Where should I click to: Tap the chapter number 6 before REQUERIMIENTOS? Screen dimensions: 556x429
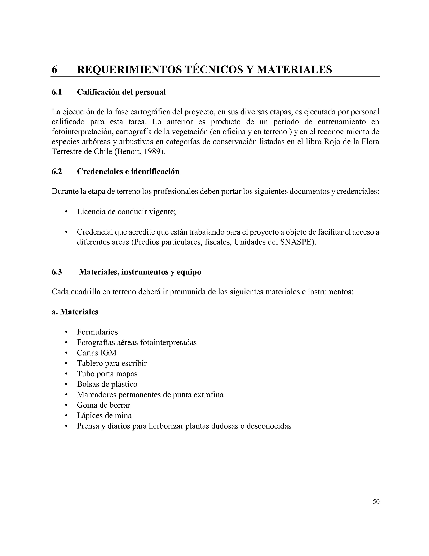pyautogui.click(x=54, y=69)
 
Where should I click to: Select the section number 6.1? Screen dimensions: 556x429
pyautogui.click(x=57, y=92)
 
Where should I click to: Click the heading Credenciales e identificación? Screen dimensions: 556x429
pyautogui.click(x=128, y=171)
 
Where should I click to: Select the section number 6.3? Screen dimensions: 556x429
pyautogui.click(x=57, y=272)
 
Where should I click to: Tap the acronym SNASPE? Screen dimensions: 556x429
pyautogui.click(x=296, y=242)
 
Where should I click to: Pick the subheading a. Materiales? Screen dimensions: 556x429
pyautogui.click(x=75, y=312)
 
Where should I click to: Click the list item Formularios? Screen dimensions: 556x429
pyautogui.click(x=97, y=332)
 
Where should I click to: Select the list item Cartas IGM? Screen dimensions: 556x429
pyautogui.click(x=97, y=353)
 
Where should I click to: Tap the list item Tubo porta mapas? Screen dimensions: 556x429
pyautogui.click(x=107, y=374)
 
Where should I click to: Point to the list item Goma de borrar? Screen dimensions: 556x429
pyautogui.click(x=103, y=405)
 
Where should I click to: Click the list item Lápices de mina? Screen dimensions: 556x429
pyautogui.click(x=104, y=415)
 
